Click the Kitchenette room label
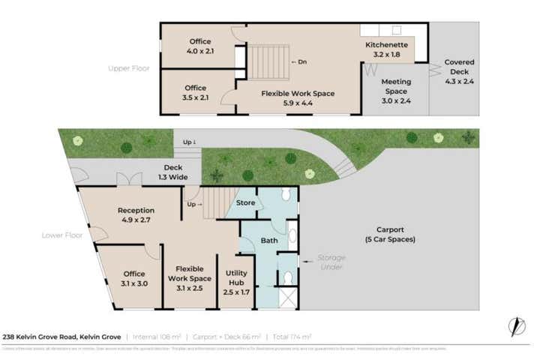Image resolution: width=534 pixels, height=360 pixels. click(x=386, y=49)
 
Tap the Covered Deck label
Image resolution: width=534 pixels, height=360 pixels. click(x=458, y=67)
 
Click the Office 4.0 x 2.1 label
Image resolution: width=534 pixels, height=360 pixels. click(x=199, y=46)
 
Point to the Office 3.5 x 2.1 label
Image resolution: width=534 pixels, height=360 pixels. click(x=196, y=93)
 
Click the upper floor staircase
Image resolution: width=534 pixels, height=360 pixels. click(x=268, y=62)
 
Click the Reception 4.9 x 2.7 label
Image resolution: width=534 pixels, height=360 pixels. click(x=136, y=215)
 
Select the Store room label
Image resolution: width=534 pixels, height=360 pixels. click(x=245, y=202)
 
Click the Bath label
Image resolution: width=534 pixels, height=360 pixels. click(x=269, y=241)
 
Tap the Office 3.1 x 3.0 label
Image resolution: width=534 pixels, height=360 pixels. click(x=134, y=278)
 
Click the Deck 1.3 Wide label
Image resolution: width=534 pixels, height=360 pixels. click(x=172, y=172)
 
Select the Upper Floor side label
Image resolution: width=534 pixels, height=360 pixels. click(x=128, y=68)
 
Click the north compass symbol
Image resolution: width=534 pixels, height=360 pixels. click(x=516, y=327)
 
